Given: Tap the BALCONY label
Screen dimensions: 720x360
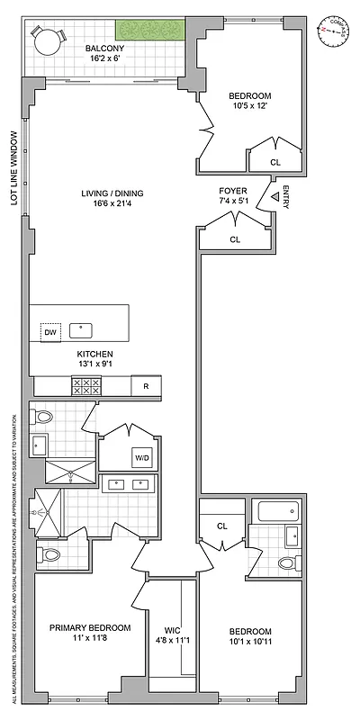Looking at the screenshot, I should coord(104,49).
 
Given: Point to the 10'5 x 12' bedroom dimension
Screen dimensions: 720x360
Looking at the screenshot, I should coord(249,108).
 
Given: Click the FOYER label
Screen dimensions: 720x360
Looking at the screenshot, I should coord(233,192).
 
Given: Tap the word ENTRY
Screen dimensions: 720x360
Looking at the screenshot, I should coord(285,197).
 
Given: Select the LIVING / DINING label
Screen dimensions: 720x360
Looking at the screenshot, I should coord(112,193).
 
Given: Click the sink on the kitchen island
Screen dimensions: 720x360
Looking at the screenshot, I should coord(81,329).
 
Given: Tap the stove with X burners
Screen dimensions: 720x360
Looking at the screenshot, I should coord(86,386).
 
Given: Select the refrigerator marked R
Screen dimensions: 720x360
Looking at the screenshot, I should coord(145,386).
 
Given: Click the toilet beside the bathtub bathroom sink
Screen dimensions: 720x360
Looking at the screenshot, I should coord(287,562).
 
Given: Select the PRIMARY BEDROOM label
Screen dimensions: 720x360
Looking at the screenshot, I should coord(90,628).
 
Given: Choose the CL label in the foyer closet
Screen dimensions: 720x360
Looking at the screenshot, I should coord(235,239).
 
